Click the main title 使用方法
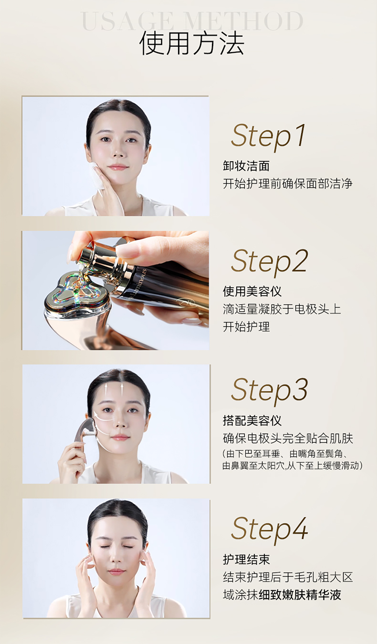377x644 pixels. coord(192,44)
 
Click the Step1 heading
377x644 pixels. coord(268,136)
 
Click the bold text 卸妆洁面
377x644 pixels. coord(246,166)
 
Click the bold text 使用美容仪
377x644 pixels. coord(252,291)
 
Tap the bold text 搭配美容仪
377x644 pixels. coord(252,420)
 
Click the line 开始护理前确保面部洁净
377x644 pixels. coord(288,184)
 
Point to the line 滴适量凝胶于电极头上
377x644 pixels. coord(282,309)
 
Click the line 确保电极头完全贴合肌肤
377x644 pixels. coord(288,438)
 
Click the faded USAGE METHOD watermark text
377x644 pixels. coord(192,21)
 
